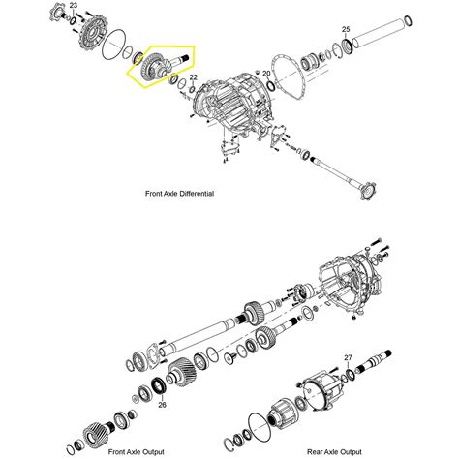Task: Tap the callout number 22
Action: pos(193,77)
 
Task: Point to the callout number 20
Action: pos(267,74)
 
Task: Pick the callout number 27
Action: pos(348,357)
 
